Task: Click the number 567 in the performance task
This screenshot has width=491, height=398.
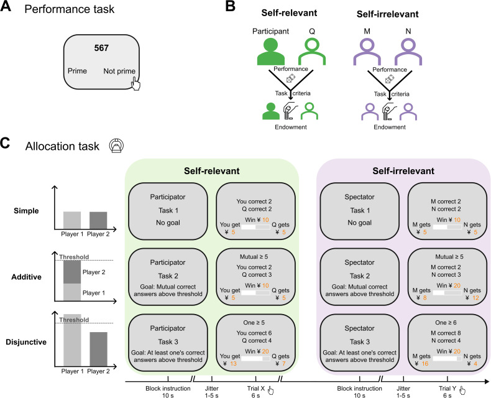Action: [101, 48]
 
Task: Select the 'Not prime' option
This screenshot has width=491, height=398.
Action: [119, 71]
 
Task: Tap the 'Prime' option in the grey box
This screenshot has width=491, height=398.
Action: [77, 71]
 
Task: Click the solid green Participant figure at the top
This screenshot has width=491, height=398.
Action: [271, 52]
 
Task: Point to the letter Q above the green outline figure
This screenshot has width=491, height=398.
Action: [312, 31]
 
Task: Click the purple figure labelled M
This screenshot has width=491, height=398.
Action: [367, 52]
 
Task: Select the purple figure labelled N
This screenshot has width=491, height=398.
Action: [408, 52]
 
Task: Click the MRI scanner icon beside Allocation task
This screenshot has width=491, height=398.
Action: [116, 146]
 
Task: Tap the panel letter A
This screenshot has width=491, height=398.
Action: [6, 6]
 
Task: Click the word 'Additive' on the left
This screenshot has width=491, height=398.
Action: [26, 277]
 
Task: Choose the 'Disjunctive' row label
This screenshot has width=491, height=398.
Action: [26, 342]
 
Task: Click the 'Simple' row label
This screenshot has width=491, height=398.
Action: [26, 211]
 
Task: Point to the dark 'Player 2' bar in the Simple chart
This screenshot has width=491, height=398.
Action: [98, 221]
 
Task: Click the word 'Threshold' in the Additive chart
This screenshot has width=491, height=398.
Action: [74, 257]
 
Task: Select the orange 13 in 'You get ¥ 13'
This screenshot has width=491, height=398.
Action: [233, 364]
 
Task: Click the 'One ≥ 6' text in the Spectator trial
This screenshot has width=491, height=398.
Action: [446, 323]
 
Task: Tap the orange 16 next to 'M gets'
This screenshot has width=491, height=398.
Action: [425, 364]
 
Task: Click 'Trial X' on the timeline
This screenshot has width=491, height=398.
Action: [256, 389]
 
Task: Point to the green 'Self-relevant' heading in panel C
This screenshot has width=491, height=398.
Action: [212, 171]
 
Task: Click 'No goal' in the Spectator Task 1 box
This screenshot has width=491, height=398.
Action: [359, 223]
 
